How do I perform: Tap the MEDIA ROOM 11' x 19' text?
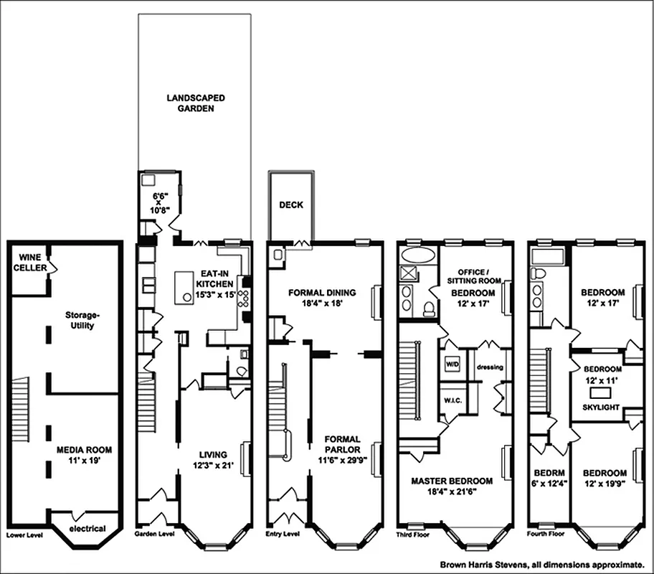(x=85, y=456)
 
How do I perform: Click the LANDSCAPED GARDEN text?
(x=196, y=103)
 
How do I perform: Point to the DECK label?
(x=291, y=204)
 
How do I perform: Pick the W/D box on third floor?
(x=452, y=362)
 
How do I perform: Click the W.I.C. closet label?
(x=452, y=400)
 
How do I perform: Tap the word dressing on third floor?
(x=490, y=367)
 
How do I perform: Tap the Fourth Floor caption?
(x=545, y=535)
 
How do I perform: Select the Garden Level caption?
(x=155, y=535)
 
